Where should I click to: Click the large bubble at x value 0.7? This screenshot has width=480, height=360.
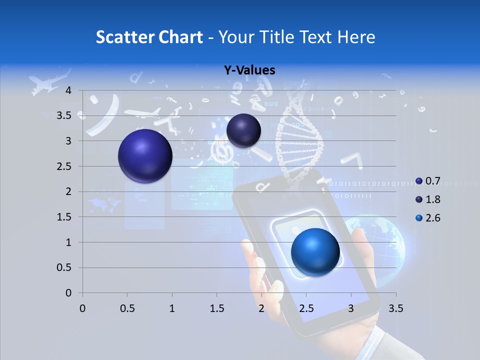coord(145,156)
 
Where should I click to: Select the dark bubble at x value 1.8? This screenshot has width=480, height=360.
coord(243,130)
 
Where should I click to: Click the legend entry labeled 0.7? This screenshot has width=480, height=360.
coord(427,180)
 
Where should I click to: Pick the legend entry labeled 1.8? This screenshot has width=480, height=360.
coord(427,199)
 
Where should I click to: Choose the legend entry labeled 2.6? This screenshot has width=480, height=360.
coord(427,218)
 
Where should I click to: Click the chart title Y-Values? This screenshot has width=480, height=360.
coord(249,70)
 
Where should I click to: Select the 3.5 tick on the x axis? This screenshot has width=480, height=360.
coord(396,308)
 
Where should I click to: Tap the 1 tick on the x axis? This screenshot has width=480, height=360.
coord(172,308)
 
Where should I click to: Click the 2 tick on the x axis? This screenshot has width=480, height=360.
coord(261,308)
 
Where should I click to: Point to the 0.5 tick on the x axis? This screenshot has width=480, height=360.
coord(127,308)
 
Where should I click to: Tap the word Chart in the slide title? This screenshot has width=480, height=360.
coord(180,37)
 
